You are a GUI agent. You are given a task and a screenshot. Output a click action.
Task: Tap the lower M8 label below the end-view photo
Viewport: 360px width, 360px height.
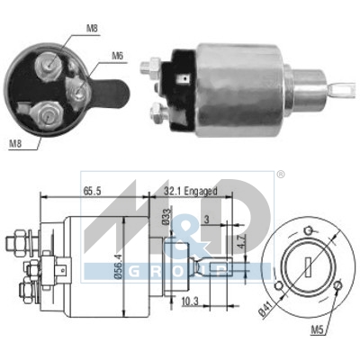point(14,143)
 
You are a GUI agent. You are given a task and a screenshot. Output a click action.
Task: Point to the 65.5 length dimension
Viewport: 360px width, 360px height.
point(91,191)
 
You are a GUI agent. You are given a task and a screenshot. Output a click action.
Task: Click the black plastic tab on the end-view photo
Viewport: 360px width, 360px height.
point(112,92)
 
